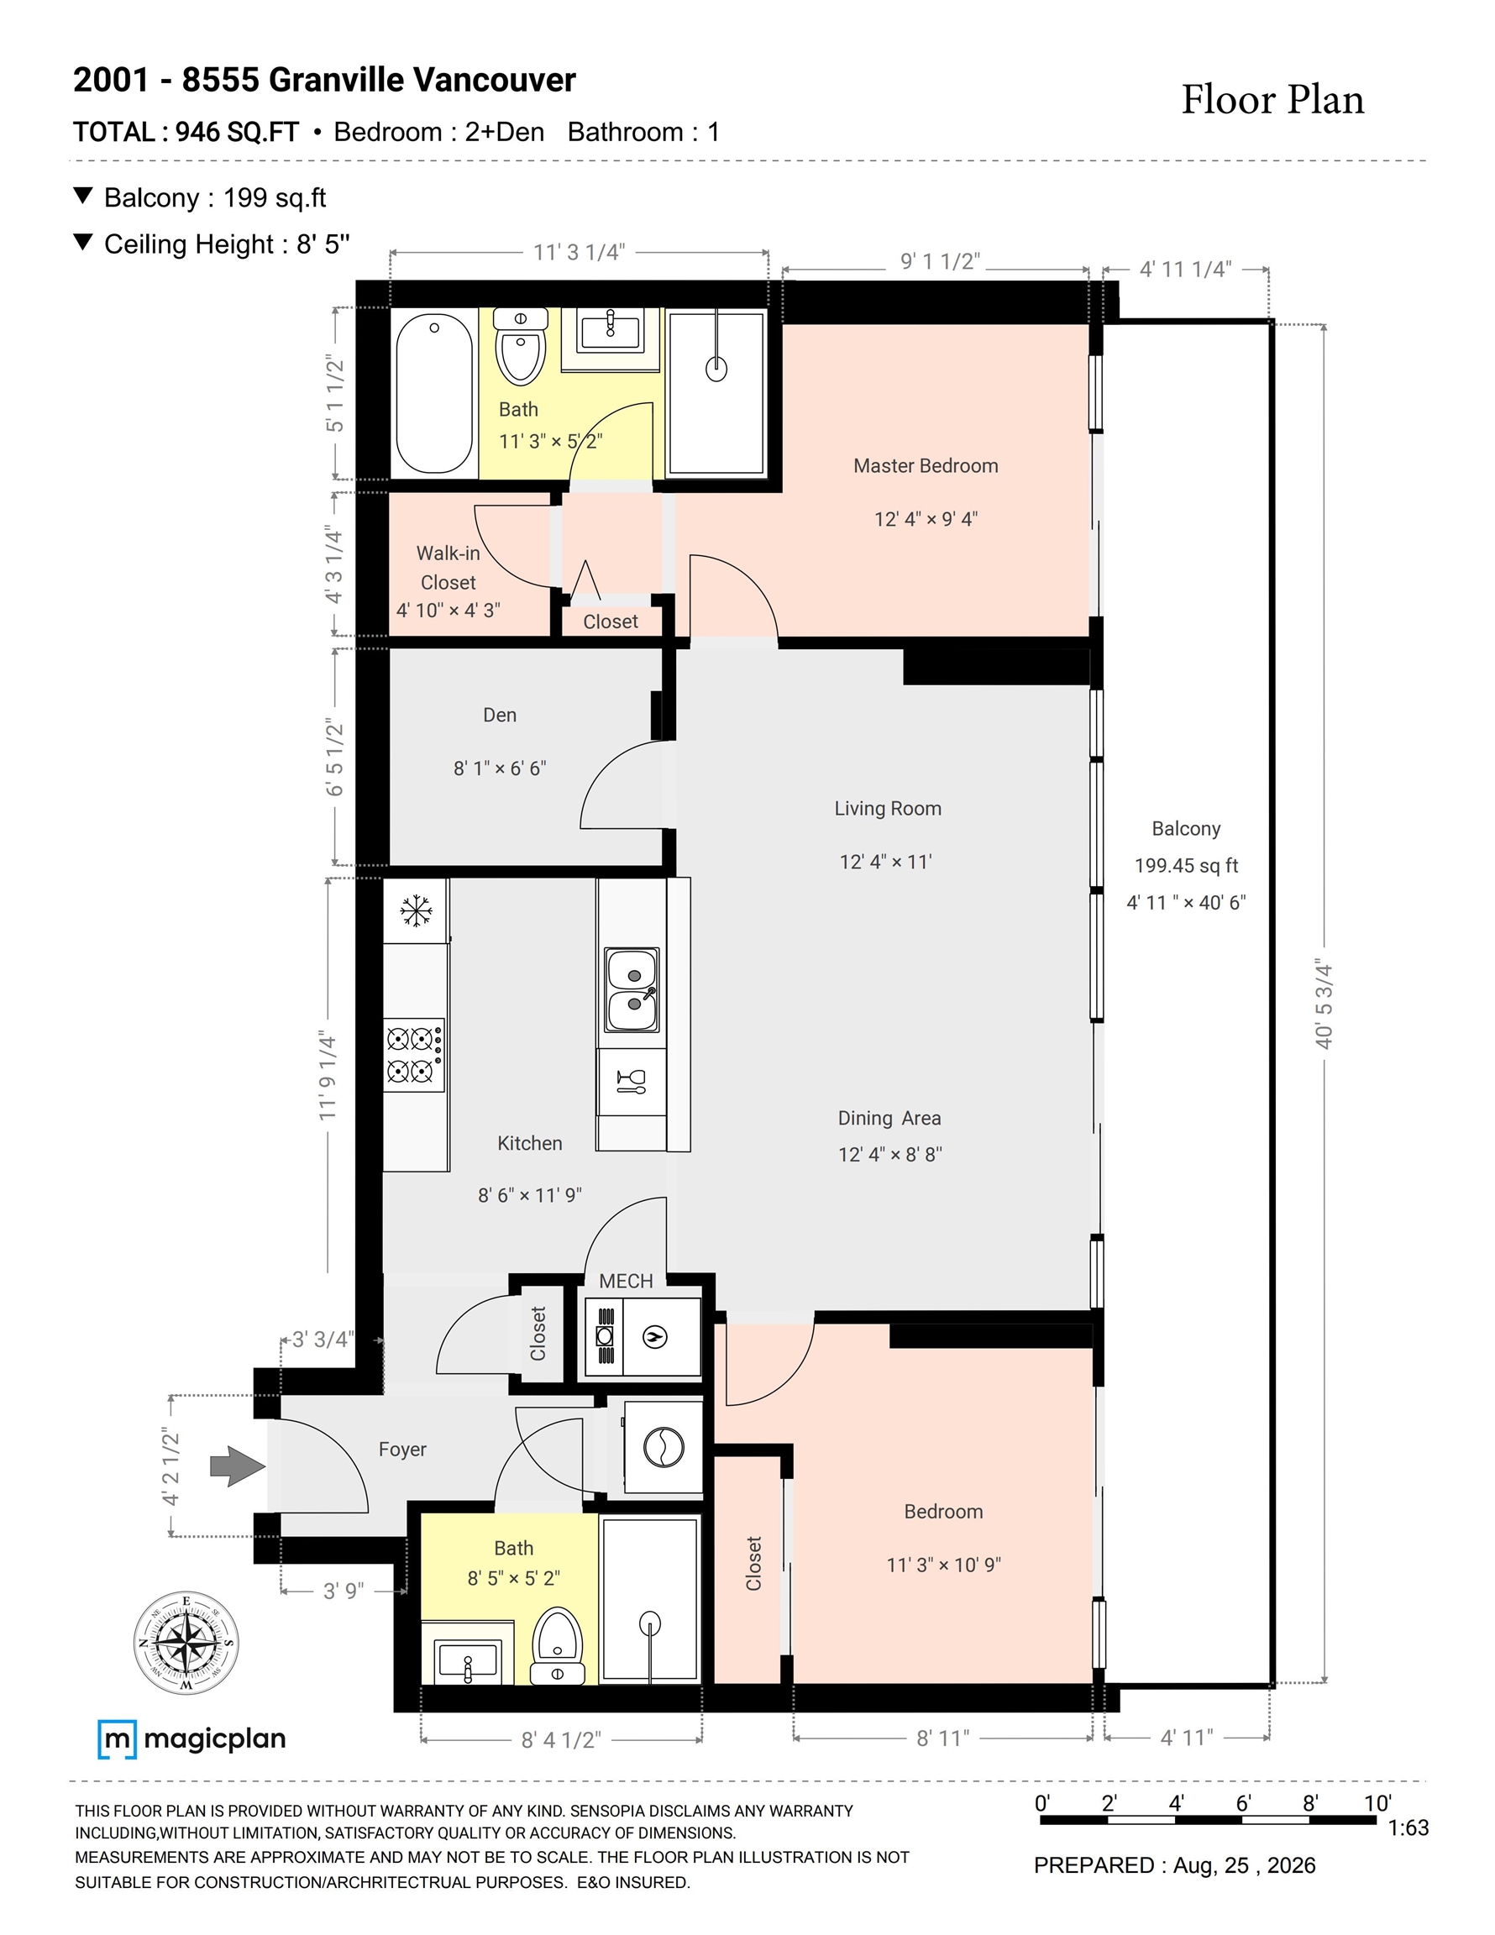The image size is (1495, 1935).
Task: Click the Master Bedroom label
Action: pos(926,466)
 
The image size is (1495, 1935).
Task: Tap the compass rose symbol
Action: pos(186,1643)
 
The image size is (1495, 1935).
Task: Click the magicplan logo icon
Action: pos(117,1739)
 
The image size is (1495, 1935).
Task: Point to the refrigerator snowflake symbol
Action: pos(416,910)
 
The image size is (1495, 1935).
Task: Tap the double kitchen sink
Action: pos(632,990)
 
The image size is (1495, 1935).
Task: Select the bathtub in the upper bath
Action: pos(434,394)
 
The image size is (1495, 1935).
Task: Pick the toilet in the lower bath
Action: pos(558,1646)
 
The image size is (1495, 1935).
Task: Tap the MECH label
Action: pos(626,1281)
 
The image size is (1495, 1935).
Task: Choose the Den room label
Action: pos(500,715)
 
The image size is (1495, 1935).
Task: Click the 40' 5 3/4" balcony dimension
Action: pos(1324,1004)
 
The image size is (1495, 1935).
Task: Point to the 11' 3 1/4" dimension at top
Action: pos(579,253)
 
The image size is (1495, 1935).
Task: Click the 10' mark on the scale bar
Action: pos(1378,1803)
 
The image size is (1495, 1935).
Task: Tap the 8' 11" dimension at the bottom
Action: pos(943,1738)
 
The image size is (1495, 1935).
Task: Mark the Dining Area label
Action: pos(889,1118)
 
